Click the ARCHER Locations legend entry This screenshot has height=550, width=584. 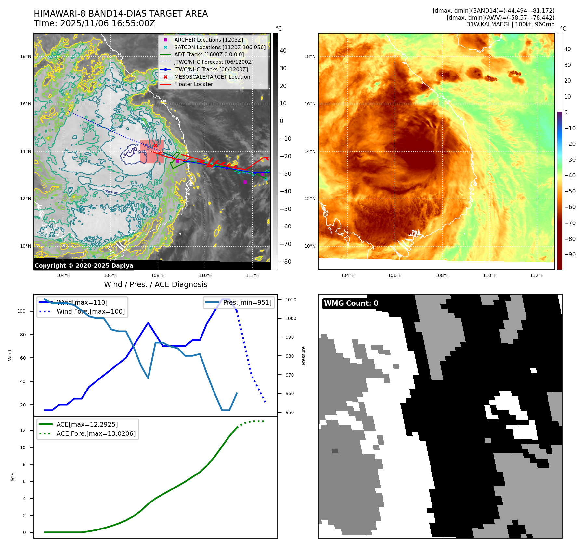pyautogui.click(x=208, y=40)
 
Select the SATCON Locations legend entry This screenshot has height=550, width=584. pyautogui.click(x=220, y=47)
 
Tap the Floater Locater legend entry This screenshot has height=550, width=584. pyautogui.click(x=193, y=84)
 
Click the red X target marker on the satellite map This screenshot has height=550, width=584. pyautogui.click(x=155, y=145)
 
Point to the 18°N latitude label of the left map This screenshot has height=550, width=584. pyautogui.click(x=26, y=56)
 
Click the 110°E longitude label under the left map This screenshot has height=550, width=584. pyautogui.click(x=205, y=275)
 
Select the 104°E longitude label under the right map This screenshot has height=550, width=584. pyautogui.click(x=347, y=275)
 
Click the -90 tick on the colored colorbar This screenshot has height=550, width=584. pyautogui.click(x=570, y=254)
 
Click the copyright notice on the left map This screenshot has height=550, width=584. pyautogui.click(x=84, y=266)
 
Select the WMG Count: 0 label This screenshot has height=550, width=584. pyautogui.click(x=351, y=303)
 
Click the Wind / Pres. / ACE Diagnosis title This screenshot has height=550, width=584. pyautogui.click(x=155, y=284)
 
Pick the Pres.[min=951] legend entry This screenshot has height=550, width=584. pyautogui.click(x=247, y=302)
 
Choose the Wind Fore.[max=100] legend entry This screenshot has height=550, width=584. pyautogui.click(x=90, y=311)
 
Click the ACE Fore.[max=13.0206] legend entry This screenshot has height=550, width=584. pyautogui.click(x=96, y=433)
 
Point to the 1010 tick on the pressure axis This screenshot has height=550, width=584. pyautogui.click(x=291, y=300)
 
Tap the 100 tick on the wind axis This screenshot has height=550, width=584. pyautogui.click(x=21, y=311)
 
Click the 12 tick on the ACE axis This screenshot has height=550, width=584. pyautogui.click(x=23, y=430)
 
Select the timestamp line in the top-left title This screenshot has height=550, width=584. pyautogui.click(x=94, y=23)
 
